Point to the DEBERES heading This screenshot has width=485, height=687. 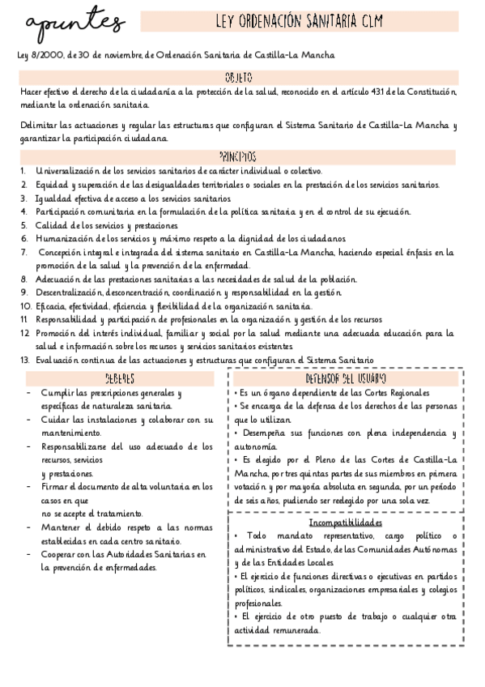120,379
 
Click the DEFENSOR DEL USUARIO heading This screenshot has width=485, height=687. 345,379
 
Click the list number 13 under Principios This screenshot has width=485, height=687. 24,360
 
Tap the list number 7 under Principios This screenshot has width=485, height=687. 23,252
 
